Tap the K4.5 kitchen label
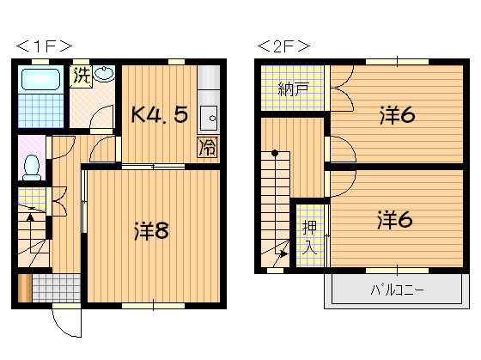click(159, 114)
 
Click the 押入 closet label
click(307, 238)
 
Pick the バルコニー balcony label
click(397, 290)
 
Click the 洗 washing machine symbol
click(82, 75)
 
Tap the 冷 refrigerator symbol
click(207, 147)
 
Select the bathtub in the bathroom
click(39, 82)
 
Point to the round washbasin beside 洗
click(105, 74)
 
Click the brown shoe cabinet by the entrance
click(24, 288)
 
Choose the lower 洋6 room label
click(394, 220)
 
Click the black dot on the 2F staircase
click(276, 154)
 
